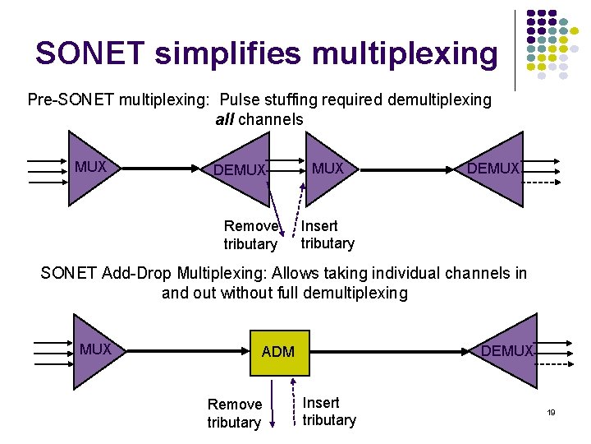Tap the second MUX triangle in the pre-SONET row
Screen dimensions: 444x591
tap(328, 169)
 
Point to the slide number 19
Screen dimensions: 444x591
tap(552, 412)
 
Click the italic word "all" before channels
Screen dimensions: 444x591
tap(224, 119)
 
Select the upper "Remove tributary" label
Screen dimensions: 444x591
tap(251, 235)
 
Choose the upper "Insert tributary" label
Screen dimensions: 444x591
tap(328, 234)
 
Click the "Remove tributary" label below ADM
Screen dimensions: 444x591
tap(234, 413)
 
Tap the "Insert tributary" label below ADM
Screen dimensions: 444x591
tap(329, 411)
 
